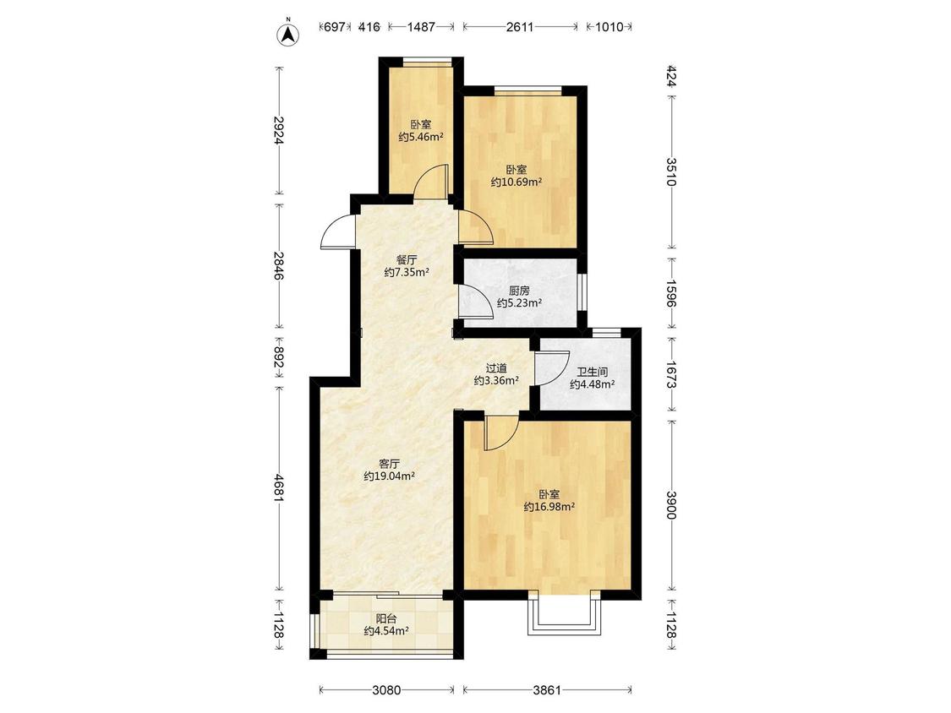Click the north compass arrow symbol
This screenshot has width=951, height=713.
coord(289,35)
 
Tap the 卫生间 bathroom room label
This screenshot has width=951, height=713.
coord(592,372)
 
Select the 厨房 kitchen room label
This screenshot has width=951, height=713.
coord(519,291)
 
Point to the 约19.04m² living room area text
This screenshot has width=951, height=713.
coord(389,476)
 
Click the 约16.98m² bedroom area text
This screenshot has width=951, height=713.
coord(549,507)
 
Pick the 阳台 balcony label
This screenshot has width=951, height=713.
coord(386,619)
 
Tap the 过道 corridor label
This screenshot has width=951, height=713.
coord(496,368)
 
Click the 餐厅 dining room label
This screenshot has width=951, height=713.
coord(407,259)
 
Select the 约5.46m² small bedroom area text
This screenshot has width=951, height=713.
coord(421,137)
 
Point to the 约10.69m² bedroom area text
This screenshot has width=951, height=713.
coord(516,182)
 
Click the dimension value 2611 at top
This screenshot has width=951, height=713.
coord(520,27)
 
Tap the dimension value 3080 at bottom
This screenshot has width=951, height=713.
coord(386,690)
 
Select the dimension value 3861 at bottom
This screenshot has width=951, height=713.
coord(547,690)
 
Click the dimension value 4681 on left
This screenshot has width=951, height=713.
coord(279,488)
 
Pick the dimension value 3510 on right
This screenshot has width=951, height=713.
coord(671,172)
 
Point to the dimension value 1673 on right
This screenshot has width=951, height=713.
coord(671,375)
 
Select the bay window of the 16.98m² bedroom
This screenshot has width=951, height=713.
coord(564,613)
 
